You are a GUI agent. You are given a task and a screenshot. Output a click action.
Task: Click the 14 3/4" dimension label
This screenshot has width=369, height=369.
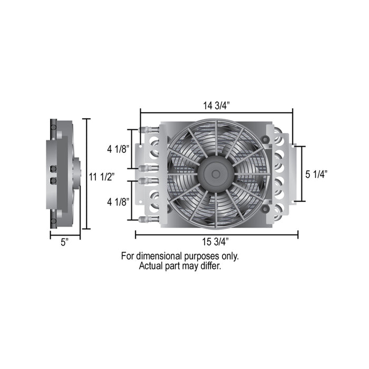[216, 105]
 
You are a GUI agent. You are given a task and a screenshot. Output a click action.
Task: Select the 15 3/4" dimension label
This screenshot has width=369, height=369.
[215, 241]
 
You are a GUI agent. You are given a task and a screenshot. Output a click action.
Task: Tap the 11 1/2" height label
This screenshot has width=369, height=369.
[102, 177]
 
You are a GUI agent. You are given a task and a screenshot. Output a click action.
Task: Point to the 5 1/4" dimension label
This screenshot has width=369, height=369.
[316, 174]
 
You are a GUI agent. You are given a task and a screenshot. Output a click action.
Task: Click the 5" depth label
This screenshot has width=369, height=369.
[65, 242]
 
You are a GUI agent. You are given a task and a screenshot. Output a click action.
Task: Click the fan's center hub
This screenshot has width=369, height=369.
[216, 174]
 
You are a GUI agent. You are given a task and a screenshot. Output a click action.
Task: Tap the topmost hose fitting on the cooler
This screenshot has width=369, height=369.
[149, 130]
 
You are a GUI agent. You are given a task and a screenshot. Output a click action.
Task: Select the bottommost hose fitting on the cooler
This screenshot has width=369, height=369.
[149, 219]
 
